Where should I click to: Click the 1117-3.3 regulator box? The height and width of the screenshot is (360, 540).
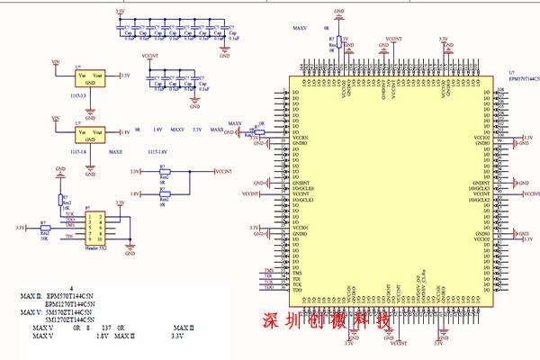tap(90, 79)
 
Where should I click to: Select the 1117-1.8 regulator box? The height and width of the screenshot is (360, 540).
tap(90, 135)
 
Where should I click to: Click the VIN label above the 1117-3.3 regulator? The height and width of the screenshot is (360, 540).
tap(56, 62)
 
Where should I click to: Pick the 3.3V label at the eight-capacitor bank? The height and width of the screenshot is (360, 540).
tap(121, 12)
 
